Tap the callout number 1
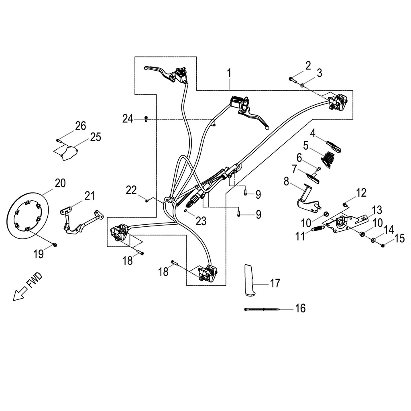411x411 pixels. [x=229, y=73]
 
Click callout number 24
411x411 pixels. [x=128, y=119]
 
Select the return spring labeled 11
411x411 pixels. [x=318, y=229]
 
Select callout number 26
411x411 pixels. [x=80, y=126]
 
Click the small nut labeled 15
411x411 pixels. [x=383, y=245]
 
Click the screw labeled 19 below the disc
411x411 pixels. [x=56, y=244]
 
